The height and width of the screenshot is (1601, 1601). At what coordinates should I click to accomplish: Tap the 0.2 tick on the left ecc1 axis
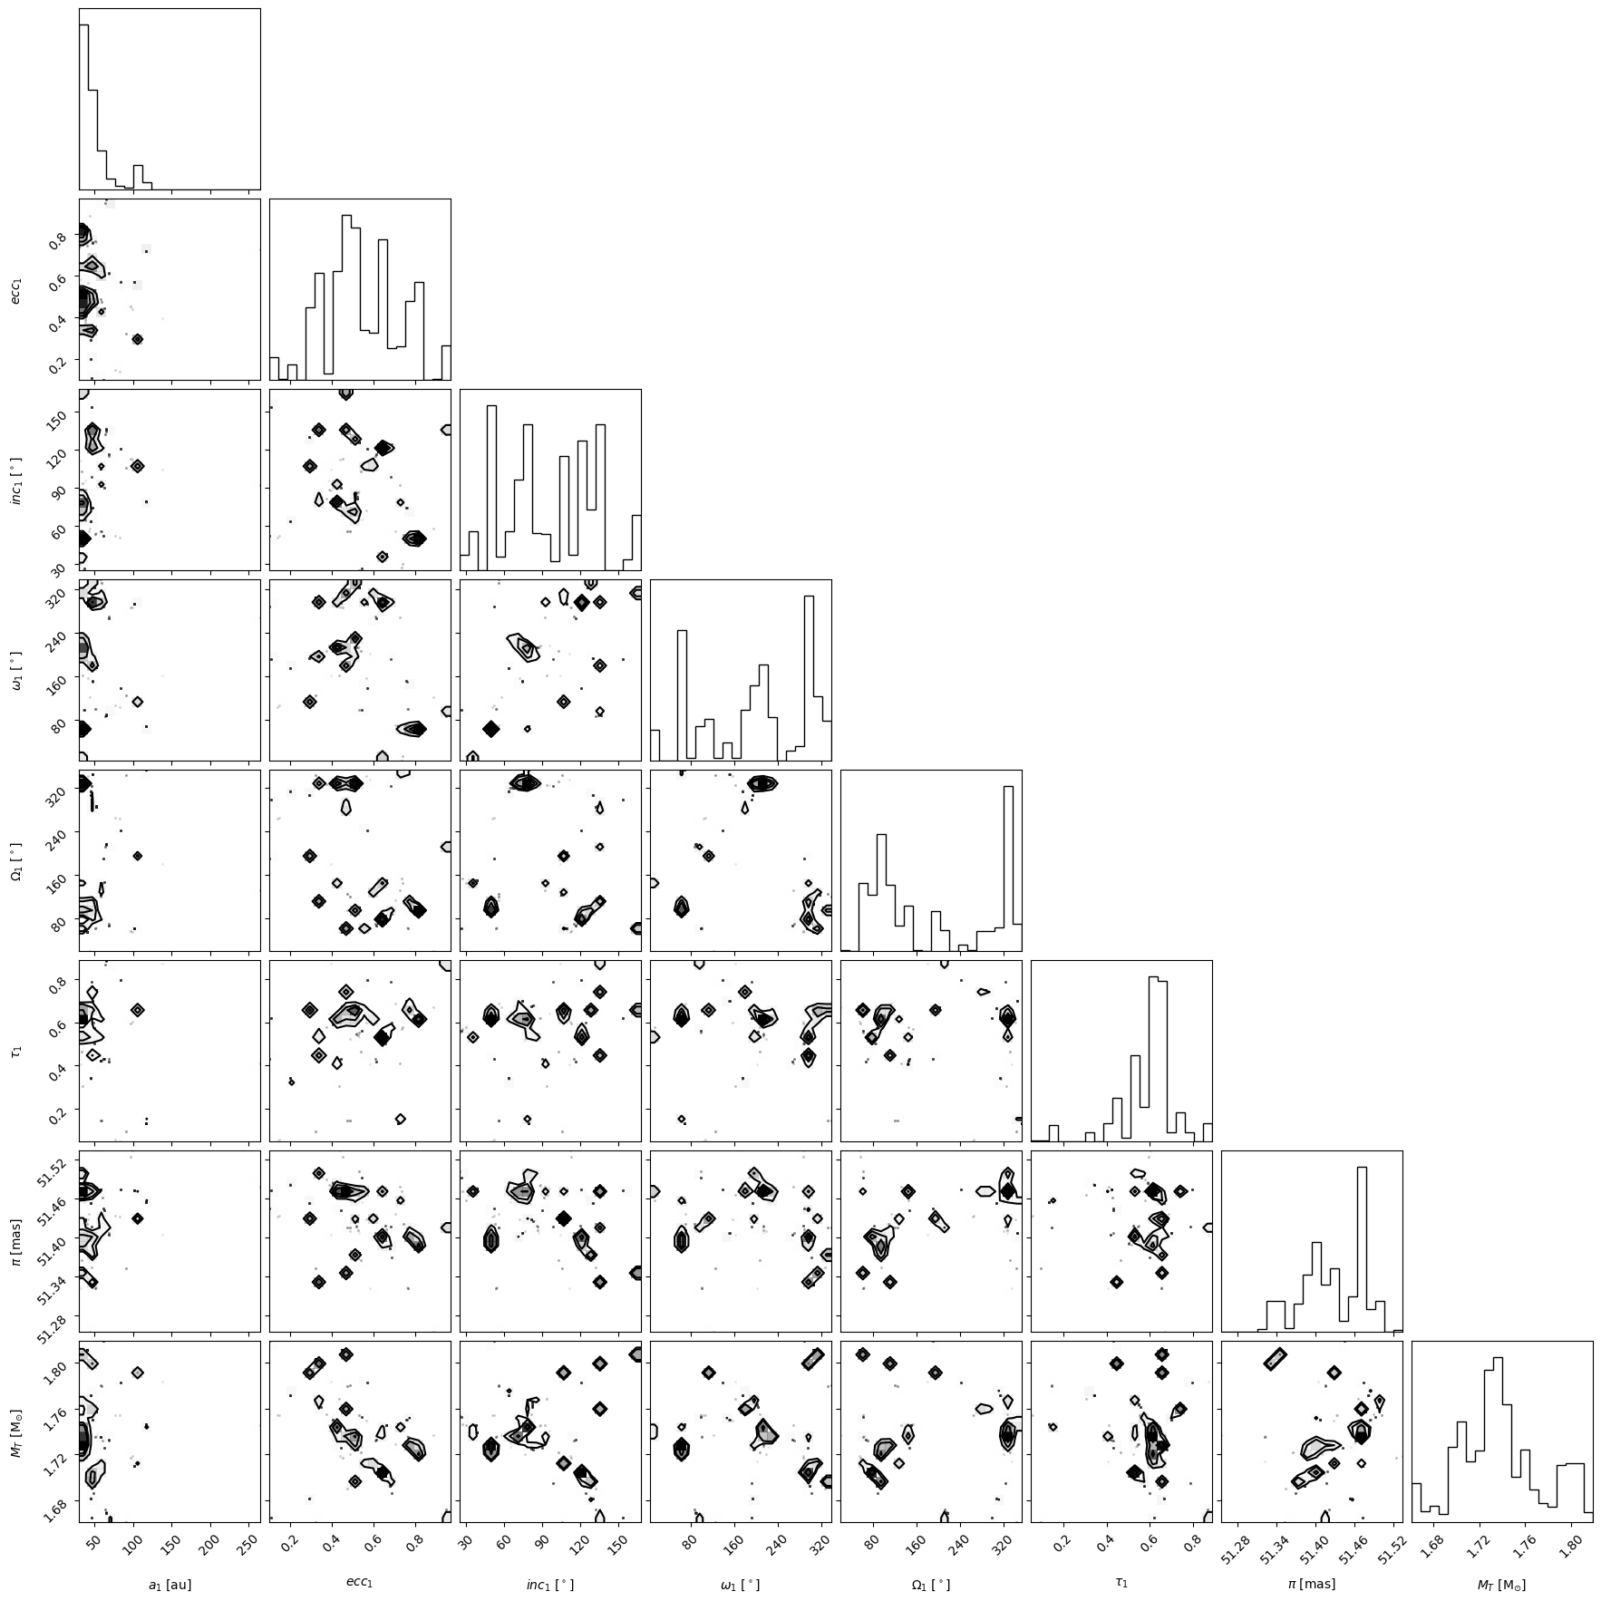(60, 364)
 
